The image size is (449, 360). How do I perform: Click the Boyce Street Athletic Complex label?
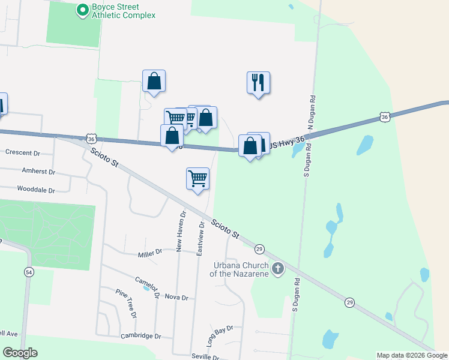click(x=123, y=11)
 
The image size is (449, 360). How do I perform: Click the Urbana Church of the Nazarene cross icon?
click(x=277, y=269)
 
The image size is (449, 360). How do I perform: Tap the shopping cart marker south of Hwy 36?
click(x=197, y=178)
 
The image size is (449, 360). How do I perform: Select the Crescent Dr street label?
click(x=22, y=152)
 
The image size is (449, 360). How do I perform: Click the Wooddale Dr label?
click(x=36, y=190)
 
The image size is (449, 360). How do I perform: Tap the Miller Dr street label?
click(x=150, y=253)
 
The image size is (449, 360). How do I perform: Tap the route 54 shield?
click(x=28, y=272)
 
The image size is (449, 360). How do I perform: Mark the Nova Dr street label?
click(x=176, y=298)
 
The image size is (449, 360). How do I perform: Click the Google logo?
click(x=20, y=353)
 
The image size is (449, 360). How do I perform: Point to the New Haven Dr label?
click(x=181, y=230)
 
